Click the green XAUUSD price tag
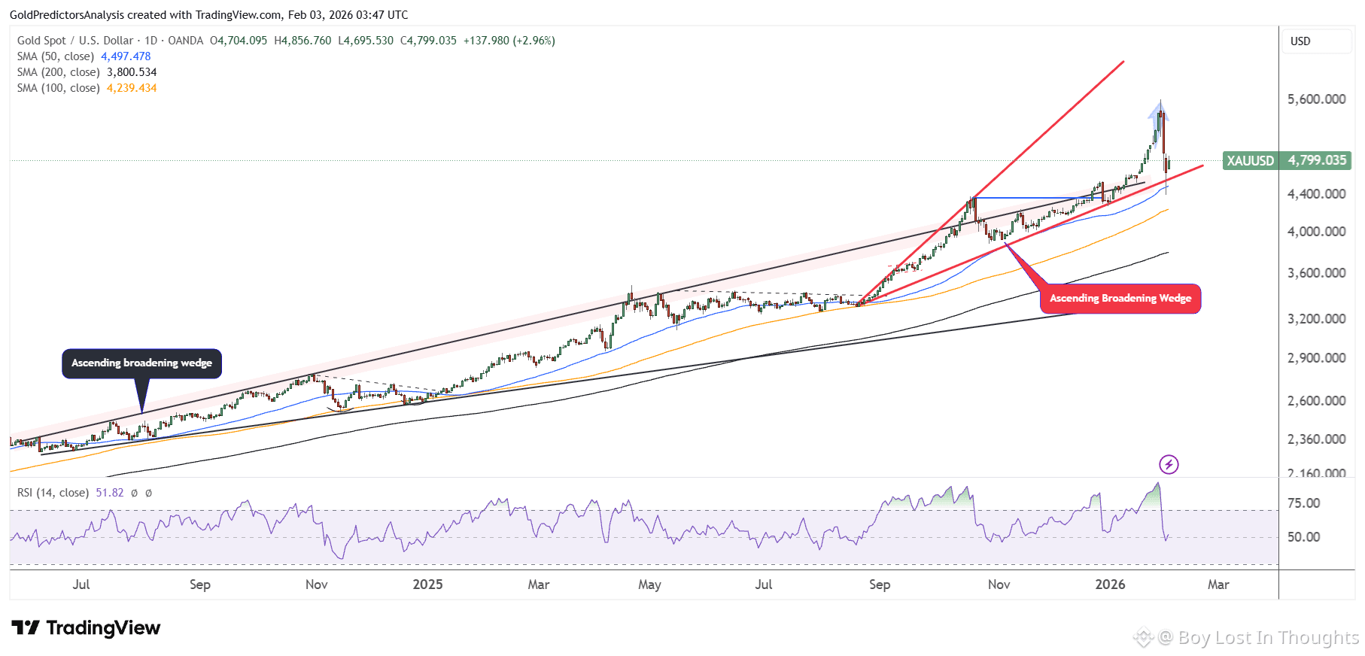1286,160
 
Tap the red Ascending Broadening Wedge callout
1120,299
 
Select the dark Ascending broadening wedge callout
141,363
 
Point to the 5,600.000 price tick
1316,99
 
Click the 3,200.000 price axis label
1316,319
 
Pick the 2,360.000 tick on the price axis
1316,439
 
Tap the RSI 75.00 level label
1303,503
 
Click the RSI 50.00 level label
1303,537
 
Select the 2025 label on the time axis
427,585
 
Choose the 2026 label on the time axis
1110,585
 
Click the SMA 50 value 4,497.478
126,56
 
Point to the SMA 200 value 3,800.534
132,72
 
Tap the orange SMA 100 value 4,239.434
132,88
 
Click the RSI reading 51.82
110,493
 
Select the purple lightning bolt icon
1169,464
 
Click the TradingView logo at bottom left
86,628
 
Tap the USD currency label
1300,41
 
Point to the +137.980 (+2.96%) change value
509,41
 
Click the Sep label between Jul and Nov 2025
879,585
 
